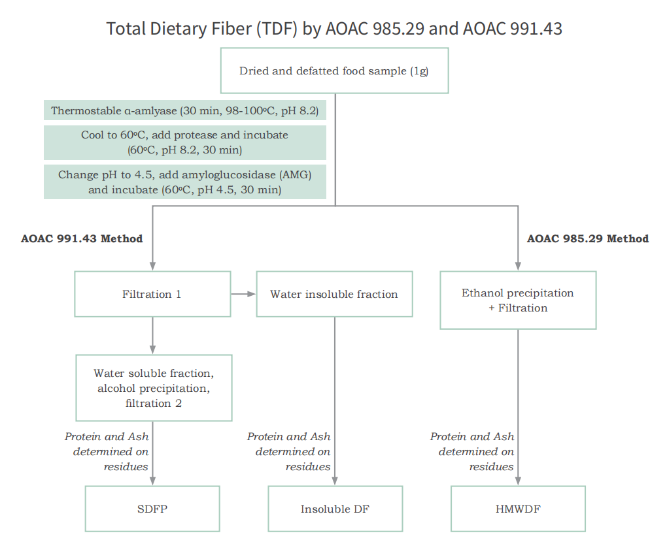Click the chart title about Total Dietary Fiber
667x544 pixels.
(x=334, y=29)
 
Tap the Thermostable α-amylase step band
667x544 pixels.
(x=185, y=110)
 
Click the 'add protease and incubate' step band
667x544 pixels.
(x=185, y=142)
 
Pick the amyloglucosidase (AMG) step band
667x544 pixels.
(x=185, y=182)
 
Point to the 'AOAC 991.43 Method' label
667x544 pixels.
(x=82, y=238)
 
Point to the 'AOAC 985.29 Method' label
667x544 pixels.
(x=588, y=238)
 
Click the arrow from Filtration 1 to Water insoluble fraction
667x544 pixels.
(x=243, y=294)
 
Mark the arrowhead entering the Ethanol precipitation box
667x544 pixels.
(x=518, y=266)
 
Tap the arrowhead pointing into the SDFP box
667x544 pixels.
(x=153, y=481)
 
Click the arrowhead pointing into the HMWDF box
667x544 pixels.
(x=518, y=481)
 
